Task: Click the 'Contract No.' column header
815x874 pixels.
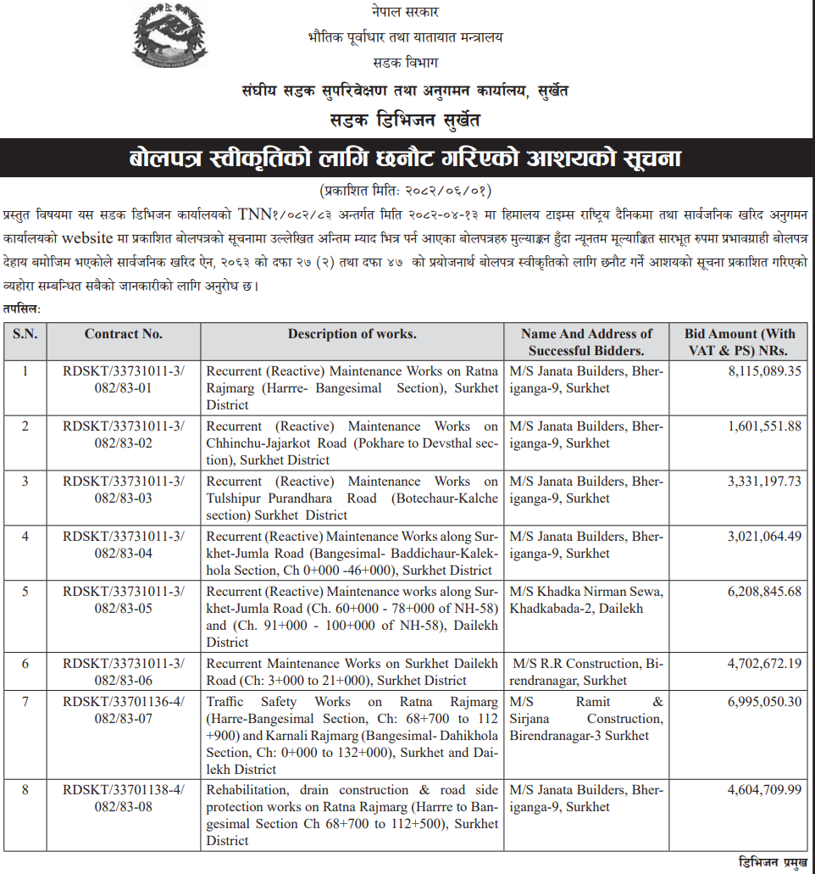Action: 124,334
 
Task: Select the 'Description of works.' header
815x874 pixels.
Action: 352,334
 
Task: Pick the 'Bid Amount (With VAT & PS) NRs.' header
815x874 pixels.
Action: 740,342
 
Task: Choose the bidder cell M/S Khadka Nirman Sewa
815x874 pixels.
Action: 586,599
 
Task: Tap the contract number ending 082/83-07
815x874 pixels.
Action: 124,710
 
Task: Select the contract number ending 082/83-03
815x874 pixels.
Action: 124,489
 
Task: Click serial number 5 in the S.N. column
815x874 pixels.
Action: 25,592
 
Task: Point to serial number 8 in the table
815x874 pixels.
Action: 25,790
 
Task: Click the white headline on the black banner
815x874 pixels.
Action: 407,159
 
